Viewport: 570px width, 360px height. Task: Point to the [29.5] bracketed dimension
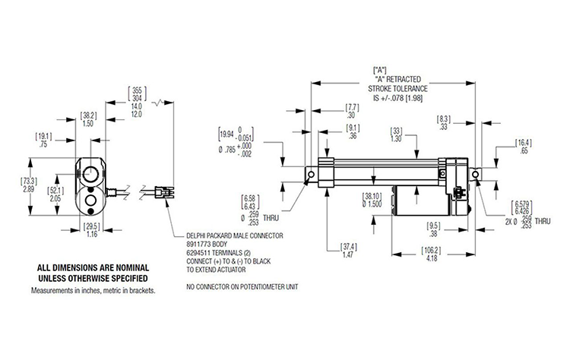pos(92,226)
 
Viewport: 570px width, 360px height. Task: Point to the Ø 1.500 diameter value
pos(375,204)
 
